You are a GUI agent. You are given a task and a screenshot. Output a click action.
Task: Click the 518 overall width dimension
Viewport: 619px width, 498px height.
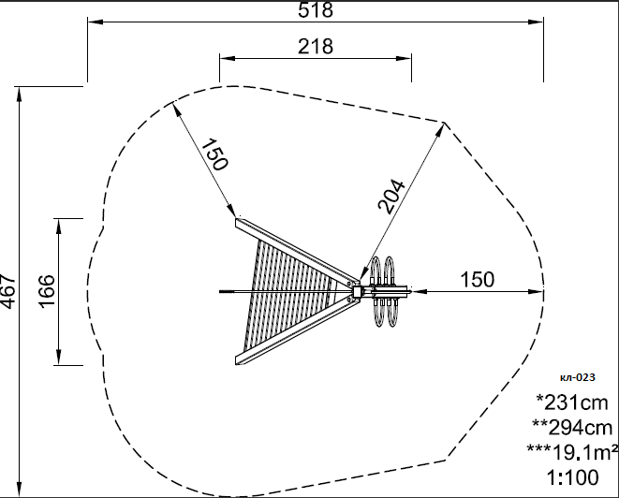coord(316,10)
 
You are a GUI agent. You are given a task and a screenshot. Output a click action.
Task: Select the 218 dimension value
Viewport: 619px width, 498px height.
coord(316,47)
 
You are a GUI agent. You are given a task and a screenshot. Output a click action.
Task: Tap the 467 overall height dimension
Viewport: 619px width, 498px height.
coord(8,291)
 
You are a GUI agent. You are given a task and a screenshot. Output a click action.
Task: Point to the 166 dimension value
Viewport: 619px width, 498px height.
coord(46,291)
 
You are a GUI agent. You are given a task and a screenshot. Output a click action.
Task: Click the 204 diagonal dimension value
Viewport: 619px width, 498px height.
coord(391,197)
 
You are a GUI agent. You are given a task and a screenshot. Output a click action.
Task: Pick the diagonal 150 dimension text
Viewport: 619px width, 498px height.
coord(214,154)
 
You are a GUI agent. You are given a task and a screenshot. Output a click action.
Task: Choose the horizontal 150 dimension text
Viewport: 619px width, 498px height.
coord(478,279)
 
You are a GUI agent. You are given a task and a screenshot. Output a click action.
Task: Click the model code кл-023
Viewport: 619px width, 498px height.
coord(577,377)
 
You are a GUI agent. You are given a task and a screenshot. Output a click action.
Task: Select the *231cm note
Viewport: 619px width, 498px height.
coord(572,403)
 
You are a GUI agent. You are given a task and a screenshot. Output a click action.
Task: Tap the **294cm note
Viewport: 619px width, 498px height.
coord(572,427)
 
